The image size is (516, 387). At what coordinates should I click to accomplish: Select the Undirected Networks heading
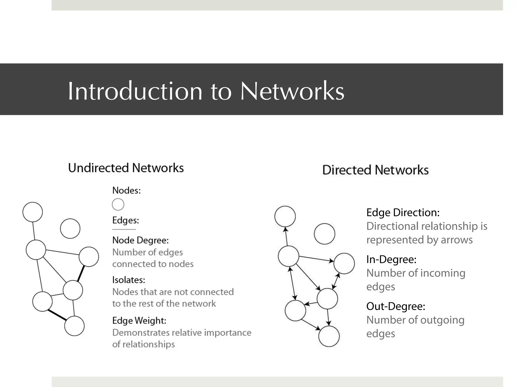126,168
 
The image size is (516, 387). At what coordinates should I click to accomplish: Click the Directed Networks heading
375,170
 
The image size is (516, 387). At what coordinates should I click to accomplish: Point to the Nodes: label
126,190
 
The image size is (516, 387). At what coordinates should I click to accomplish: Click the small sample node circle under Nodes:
118,204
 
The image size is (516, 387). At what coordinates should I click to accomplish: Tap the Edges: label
125,220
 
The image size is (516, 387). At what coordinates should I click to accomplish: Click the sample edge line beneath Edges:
124,229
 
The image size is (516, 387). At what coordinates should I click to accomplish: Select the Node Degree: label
140,240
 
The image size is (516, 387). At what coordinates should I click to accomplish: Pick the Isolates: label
128,280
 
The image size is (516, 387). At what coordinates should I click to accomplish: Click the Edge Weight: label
139,321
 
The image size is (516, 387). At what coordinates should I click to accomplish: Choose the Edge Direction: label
403,213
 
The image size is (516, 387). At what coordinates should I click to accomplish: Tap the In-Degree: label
391,260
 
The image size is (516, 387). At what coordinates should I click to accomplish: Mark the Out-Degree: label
396,306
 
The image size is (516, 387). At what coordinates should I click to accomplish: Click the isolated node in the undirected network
70,229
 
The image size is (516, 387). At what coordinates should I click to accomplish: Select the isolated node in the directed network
325,234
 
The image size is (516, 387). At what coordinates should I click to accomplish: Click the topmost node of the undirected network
33,212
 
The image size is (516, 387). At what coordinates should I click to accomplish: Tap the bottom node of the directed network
329,336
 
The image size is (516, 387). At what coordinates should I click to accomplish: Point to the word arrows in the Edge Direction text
457,240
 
